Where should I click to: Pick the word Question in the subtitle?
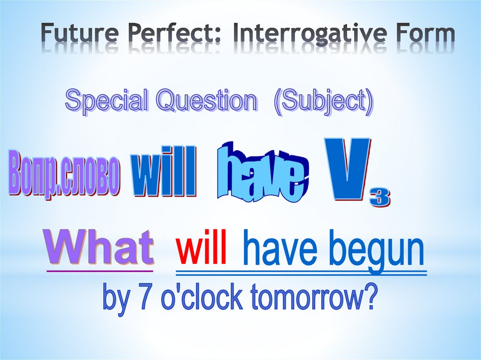[x=206, y=100]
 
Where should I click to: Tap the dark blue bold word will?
[x=164, y=171]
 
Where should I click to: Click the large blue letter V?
[x=347, y=169]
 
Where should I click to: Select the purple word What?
[x=100, y=247]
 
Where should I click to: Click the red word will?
[x=202, y=247]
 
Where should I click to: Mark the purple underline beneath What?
[x=100, y=271]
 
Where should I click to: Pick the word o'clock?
[x=202, y=296]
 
